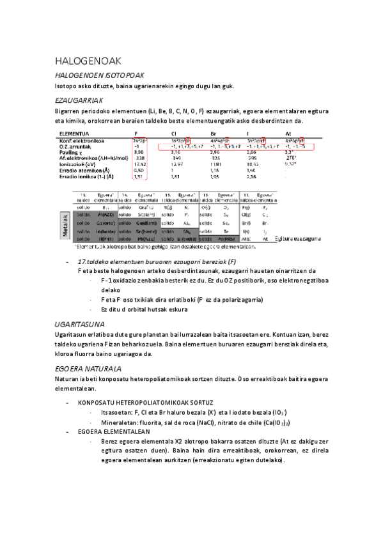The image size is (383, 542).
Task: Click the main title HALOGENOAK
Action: point(88,61)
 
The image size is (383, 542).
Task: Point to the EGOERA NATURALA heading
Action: point(88,369)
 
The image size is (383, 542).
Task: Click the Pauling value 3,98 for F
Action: point(139,153)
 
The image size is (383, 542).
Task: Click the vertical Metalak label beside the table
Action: point(66,224)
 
